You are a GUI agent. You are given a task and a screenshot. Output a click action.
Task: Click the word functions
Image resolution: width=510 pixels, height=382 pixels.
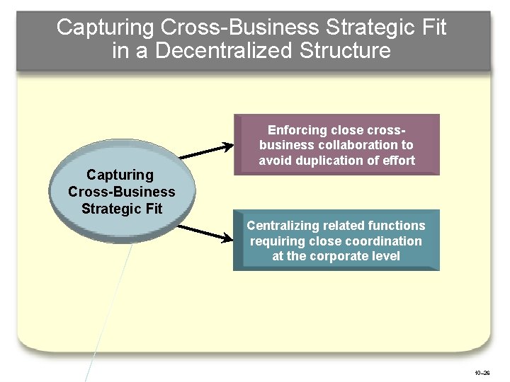click(397, 226)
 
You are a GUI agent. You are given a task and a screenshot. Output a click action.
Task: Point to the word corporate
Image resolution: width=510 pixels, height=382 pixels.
click(337, 256)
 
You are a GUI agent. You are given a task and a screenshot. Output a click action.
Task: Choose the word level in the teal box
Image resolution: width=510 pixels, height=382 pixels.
click(385, 256)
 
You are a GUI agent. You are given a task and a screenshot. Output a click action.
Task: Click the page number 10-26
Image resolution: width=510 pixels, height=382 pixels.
click(482, 372)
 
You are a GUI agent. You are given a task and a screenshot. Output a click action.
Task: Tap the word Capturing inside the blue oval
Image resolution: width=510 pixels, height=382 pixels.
click(120, 175)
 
